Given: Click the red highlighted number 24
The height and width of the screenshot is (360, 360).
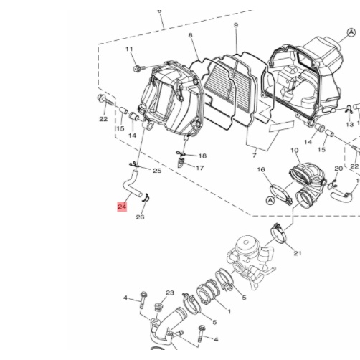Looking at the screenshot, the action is coord(122,207).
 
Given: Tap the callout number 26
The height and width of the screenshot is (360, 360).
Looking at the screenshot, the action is coord(140,217).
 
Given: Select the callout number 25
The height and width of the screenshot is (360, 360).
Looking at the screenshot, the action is coord(157,171).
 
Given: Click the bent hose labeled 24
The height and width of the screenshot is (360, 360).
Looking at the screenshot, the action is coord(131,184).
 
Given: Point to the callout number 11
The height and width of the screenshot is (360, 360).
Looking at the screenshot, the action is coord(129,49).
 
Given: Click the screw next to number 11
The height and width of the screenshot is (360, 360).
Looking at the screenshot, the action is coord(139,69).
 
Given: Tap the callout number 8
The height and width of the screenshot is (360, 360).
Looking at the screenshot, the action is coord(190,35).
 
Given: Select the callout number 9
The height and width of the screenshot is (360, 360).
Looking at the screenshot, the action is coord(236,25).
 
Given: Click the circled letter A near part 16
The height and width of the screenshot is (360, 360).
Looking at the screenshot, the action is coord(270,201).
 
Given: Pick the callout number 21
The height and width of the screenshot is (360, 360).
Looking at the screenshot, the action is coord(298,253).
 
